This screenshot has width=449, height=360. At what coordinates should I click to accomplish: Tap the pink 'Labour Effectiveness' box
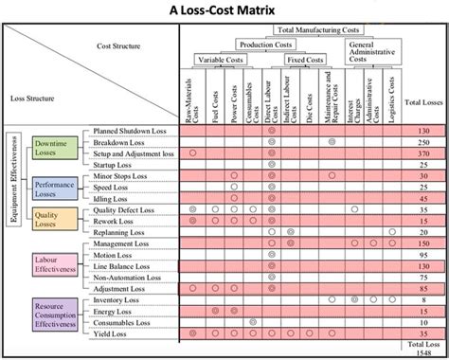point(54,262)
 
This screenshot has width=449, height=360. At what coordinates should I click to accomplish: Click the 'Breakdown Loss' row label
point(119,140)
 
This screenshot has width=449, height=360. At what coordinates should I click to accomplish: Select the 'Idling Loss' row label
point(113,198)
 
